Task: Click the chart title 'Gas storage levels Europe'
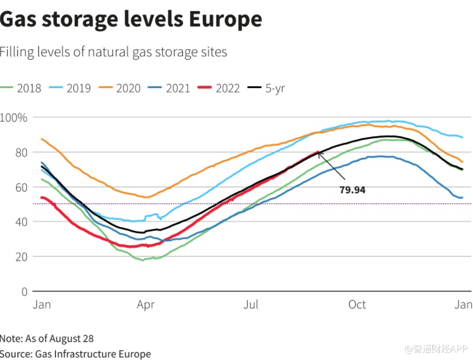[131, 20]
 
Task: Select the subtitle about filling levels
[113, 52]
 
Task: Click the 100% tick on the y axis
[14, 117]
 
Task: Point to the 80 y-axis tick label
[22, 152]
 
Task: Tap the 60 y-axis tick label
[22, 187]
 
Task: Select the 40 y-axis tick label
[22, 222]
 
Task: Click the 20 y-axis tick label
[22, 256]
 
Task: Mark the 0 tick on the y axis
[24, 291]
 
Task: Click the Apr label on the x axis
[145, 304]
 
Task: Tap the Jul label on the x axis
[251, 304]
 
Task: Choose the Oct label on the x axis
[357, 304]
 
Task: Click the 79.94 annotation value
[352, 189]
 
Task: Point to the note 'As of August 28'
[47, 339]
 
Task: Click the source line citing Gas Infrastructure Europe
[75, 354]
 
